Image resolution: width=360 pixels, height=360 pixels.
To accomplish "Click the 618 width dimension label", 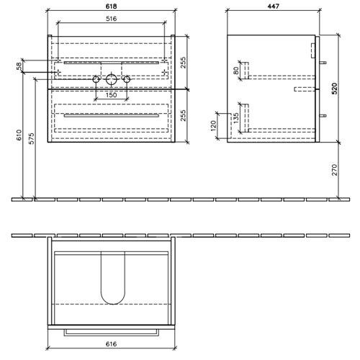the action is click(x=112, y=6).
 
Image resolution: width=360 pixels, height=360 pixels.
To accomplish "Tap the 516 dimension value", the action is click(x=112, y=19).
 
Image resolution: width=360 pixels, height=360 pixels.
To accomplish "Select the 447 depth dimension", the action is click(x=274, y=6).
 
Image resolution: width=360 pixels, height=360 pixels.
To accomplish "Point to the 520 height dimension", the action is click(x=334, y=88).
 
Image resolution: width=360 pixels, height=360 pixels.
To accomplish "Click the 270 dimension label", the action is click(x=334, y=170).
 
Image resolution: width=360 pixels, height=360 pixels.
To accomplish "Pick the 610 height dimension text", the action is click(x=19, y=135).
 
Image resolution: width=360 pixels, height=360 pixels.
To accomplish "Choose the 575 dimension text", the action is click(x=32, y=138).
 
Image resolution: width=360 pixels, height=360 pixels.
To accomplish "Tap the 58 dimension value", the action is click(x=19, y=66).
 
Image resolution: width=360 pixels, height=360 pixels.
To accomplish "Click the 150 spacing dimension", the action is click(x=112, y=95).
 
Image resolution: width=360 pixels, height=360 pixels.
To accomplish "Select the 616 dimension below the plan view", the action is click(x=112, y=344).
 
